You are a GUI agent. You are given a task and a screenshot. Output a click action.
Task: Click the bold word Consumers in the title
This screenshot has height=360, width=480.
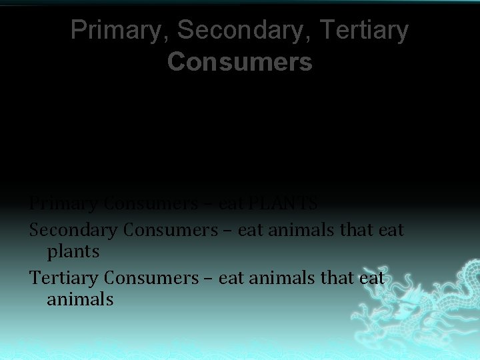coord(239,61)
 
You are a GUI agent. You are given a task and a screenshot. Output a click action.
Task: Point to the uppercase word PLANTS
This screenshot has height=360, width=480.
coord(288,203)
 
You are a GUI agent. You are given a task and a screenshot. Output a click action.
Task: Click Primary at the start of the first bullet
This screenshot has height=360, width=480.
coord(64,203)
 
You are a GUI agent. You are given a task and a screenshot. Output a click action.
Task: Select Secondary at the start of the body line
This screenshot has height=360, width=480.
coord(73,230)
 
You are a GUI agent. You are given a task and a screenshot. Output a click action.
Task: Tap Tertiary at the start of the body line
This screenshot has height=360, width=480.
coord(65,277)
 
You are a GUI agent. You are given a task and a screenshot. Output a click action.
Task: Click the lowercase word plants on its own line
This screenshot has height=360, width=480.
coord(73,252)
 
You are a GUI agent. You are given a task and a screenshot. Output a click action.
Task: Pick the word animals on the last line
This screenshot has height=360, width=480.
coord(80,299)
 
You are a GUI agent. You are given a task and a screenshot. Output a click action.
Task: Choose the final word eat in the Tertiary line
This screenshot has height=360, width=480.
coord(372,277)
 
